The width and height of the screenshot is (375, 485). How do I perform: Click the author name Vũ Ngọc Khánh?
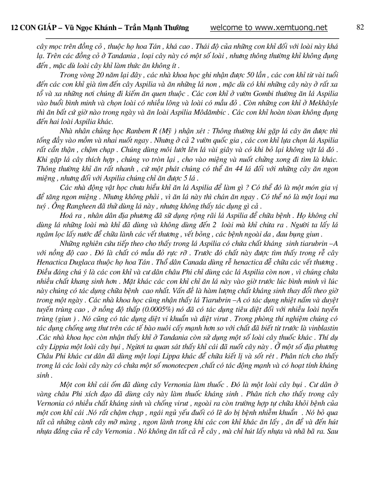click(91, 28)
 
